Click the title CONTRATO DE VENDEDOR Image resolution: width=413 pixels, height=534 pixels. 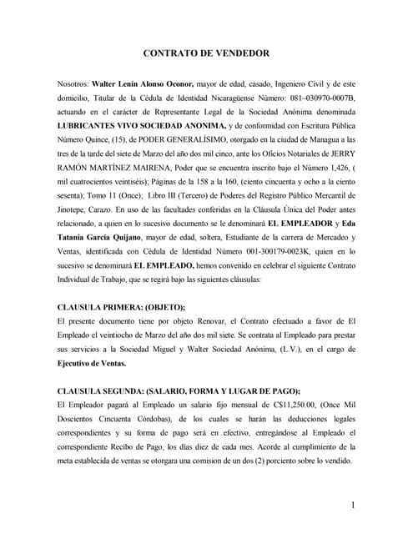pos(206,53)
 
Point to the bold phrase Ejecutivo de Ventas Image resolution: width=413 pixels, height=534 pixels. pos(91,364)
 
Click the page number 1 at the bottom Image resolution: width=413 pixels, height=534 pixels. pos(354,505)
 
